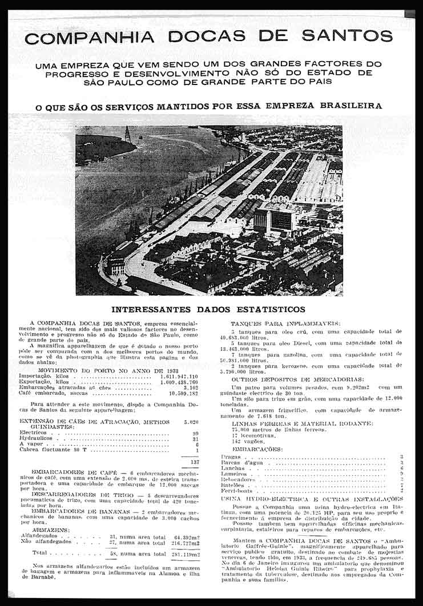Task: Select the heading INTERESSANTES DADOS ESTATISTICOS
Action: point(208,310)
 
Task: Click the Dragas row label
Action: point(231,457)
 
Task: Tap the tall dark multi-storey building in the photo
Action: point(274,220)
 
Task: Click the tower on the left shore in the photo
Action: point(128,135)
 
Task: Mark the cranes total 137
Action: point(194,462)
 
